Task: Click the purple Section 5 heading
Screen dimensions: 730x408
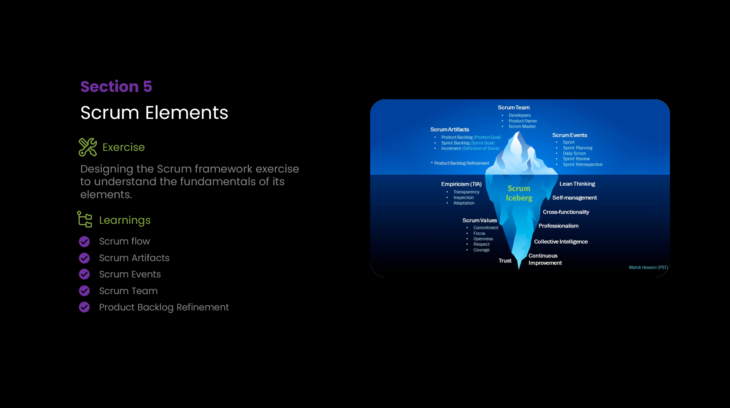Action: [x=116, y=87]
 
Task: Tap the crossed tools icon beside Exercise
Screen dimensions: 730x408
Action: [x=88, y=147]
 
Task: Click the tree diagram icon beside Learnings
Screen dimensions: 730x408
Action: [x=85, y=219]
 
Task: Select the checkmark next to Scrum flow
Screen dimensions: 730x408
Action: [x=84, y=241]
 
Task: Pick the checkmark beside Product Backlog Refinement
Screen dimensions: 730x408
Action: [x=84, y=307]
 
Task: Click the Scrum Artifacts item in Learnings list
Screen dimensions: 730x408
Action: [x=134, y=258]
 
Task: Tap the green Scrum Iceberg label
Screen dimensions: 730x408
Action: [x=519, y=193]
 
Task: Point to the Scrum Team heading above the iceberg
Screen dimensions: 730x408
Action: [x=513, y=108]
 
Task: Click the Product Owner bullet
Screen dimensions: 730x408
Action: [x=523, y=121]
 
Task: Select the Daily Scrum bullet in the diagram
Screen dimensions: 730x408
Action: [x=574, y=154]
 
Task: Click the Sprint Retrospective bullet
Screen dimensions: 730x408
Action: [x=582, y=165]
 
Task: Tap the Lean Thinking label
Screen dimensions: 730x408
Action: [x=577, y=184]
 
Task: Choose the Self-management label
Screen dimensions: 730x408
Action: [x=574, y=198]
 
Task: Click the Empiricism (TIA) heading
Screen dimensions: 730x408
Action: [x=461, y=184]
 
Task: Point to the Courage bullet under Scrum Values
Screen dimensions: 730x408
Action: [x=481, y=250]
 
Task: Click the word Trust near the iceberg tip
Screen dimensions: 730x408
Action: [x=505, y=261]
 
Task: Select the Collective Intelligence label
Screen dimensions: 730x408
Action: [x=561, y=242]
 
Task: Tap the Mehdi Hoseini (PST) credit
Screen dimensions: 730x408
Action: [x=648, y=267]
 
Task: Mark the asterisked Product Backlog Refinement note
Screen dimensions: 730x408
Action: [x=460, y=163]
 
